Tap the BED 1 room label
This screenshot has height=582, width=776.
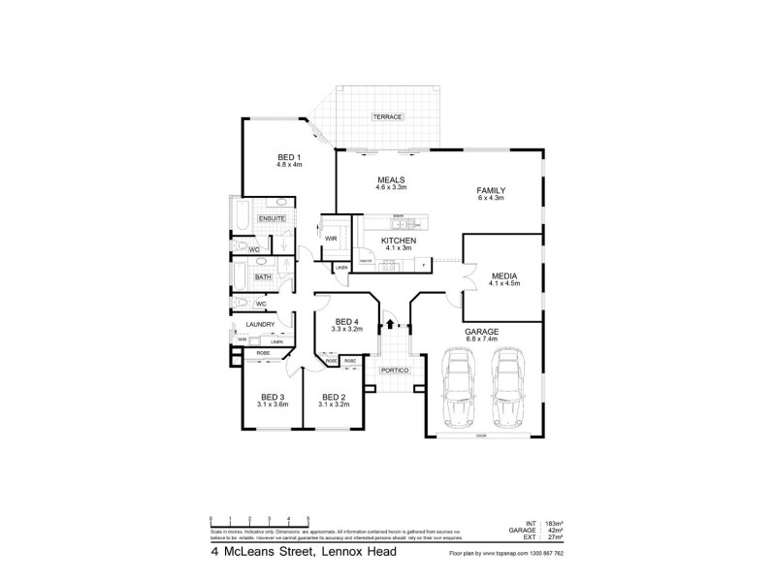[x=290, y=158]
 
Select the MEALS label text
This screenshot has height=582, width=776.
[x=391, y=179]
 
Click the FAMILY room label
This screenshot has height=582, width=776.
[x=492, y=190]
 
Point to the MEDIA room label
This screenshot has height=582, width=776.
[x=504, y=275]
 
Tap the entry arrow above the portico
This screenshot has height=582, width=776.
[x=388, y=325]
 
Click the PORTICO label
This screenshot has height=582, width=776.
[x=395, y=372]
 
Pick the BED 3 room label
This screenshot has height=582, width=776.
[x=273, y=397]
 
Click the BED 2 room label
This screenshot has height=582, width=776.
[x=334, y=397]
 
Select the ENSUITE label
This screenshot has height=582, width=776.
[x=272, y=219]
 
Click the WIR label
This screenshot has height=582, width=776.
[x=331, y=238]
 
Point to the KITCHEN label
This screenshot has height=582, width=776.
[x=399, y=240]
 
